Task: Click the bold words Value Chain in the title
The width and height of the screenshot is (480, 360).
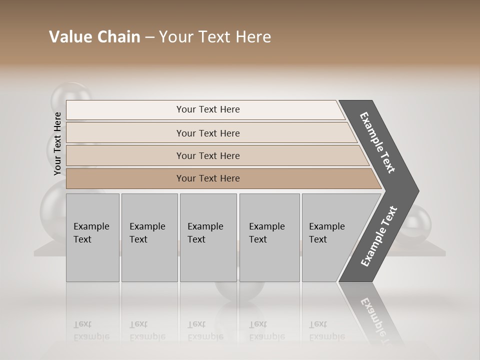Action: (94, 37)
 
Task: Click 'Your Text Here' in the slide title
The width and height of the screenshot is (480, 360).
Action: (215, 37)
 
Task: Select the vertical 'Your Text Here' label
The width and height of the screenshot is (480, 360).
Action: (57, 143)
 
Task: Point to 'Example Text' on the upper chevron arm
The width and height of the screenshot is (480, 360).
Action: (377, 142)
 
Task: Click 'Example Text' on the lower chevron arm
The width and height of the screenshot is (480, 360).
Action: (378, 236)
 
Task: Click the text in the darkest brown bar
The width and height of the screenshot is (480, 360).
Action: (208, 178)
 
